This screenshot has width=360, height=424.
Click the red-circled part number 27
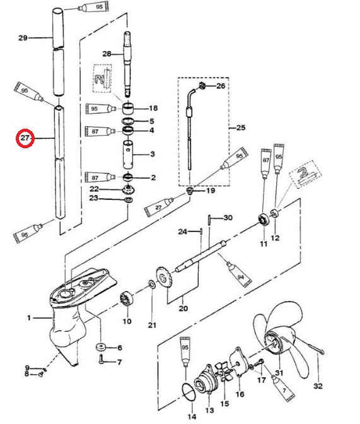click(x=25, y=138)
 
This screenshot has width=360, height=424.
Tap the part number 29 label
click(x=23, y=38)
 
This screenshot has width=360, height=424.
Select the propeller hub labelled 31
click(x=274, y=343)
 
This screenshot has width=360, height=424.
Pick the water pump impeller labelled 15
click(x=224, y=374)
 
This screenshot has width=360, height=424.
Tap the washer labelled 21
click(x=151, y=284)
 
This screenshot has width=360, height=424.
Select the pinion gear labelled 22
click(x=129, y=189)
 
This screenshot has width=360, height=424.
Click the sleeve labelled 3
click(x=128, y=153)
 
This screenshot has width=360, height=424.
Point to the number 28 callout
click(x=107, y=54)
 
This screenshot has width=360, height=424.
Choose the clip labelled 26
click(x=202, y=86)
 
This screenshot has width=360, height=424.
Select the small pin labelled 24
click(x=201, y=231)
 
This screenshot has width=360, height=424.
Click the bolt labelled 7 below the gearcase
click(x=102, y=359)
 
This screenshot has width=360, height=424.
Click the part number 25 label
click(x=241, y=127)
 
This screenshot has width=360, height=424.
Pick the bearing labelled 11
click(x=264, y=219)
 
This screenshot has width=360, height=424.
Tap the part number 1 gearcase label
click(x=29, y=318)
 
